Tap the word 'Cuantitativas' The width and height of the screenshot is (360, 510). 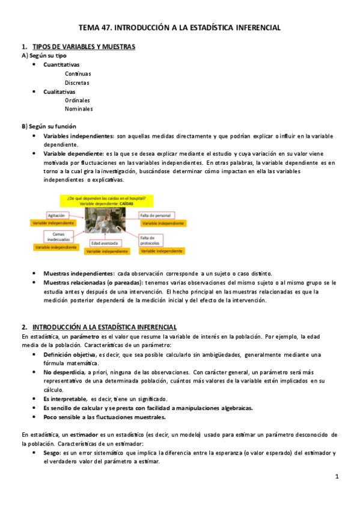click(x=61, y=64)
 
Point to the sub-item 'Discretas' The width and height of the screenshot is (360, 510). click(x=77, y=82)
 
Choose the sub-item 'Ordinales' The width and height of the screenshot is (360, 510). click(x=78, y=100)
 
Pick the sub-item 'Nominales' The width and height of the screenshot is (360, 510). click(x=79, y=109)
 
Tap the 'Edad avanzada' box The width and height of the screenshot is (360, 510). click(x=104, y=244)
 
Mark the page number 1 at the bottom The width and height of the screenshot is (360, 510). click(x=337, y=478)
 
